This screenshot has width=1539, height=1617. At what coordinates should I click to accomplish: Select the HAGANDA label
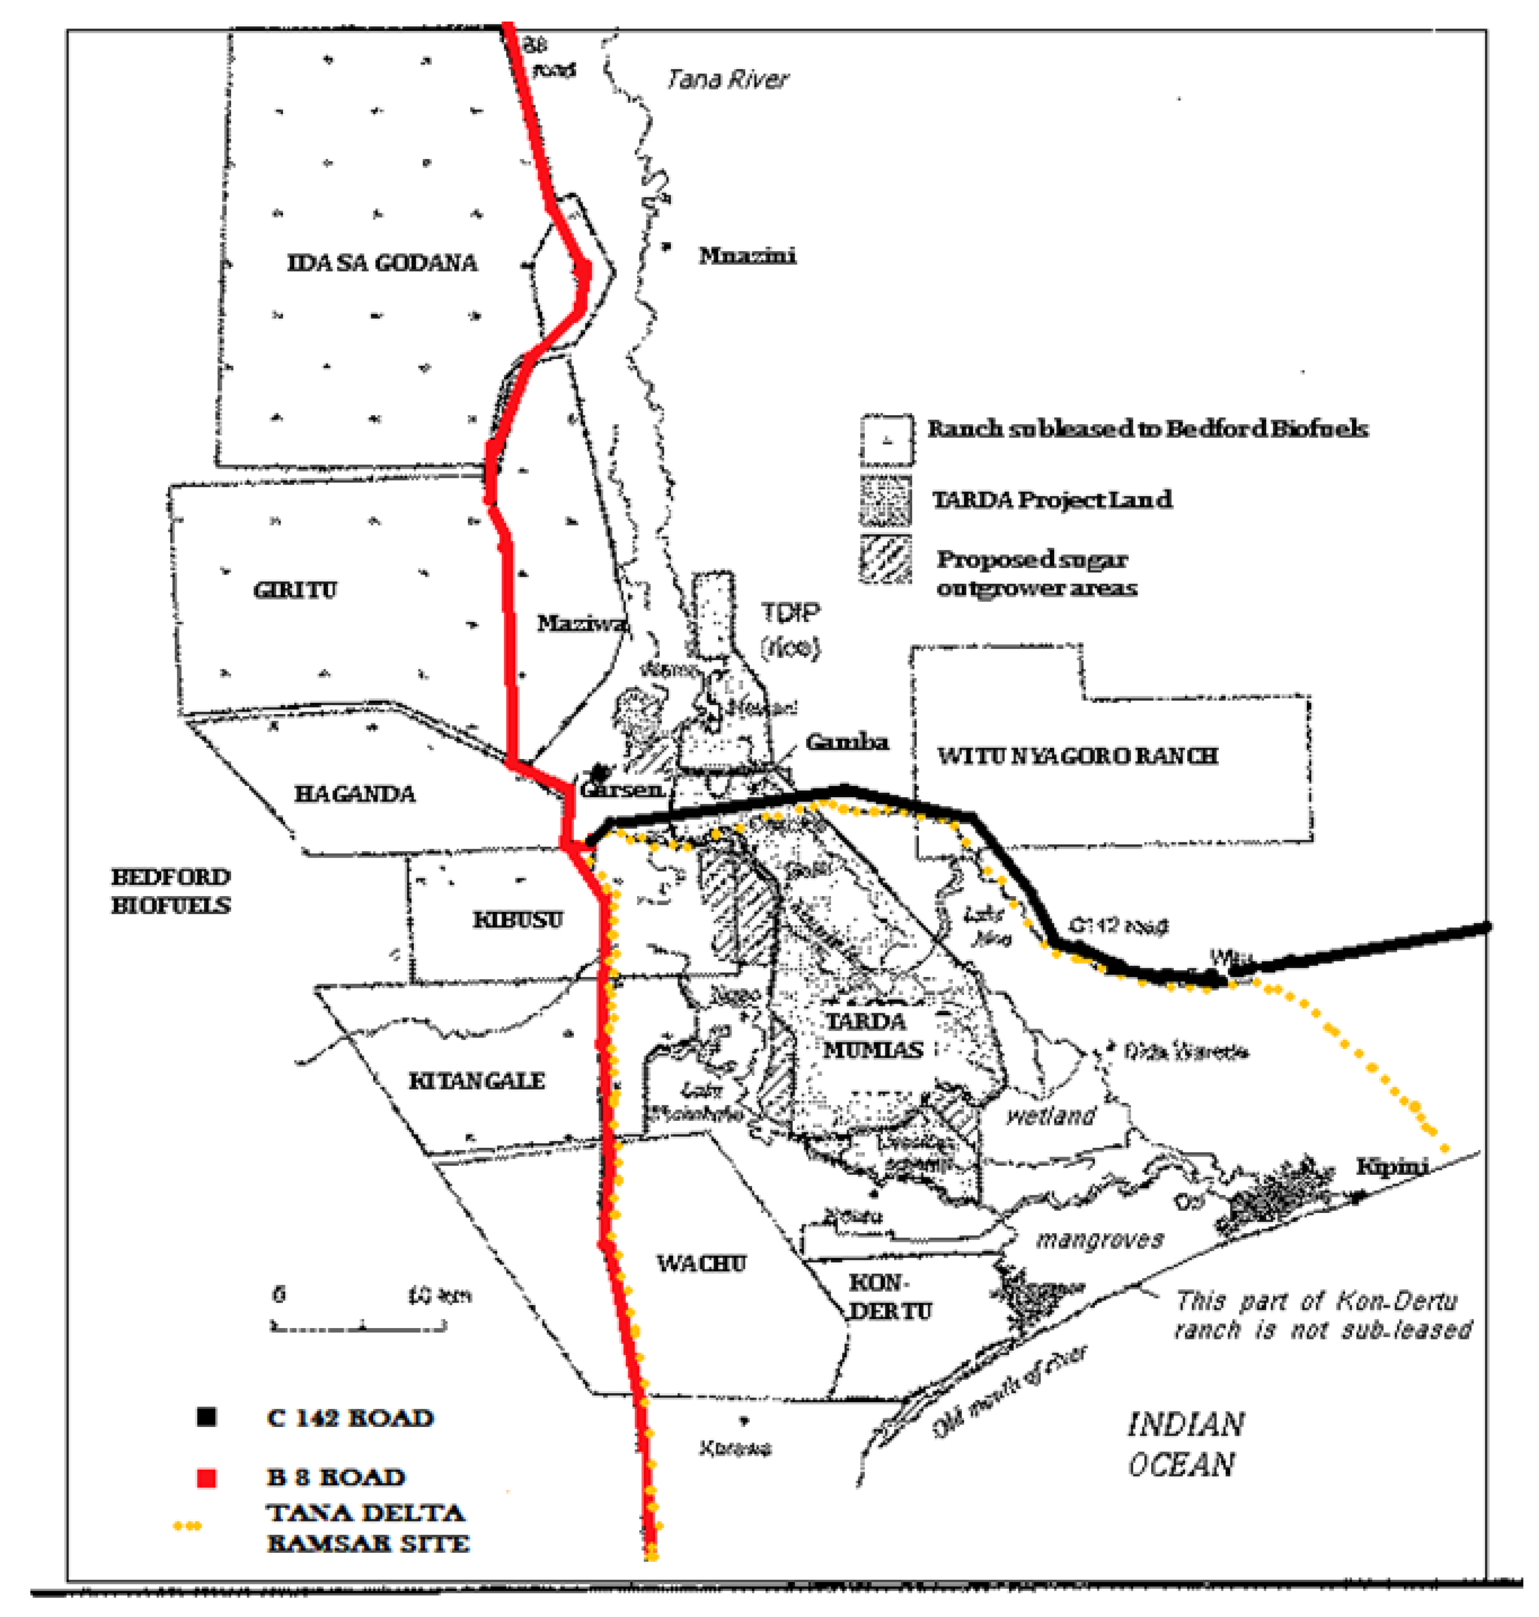click(355, 793)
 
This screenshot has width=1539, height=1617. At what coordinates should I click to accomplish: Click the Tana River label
click(727, 80)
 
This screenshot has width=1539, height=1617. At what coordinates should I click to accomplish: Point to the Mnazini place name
click(747, 256)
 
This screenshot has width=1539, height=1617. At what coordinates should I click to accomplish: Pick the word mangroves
click(1099, 1239)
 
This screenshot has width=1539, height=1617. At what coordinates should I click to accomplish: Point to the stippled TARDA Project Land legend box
click(885, 500)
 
